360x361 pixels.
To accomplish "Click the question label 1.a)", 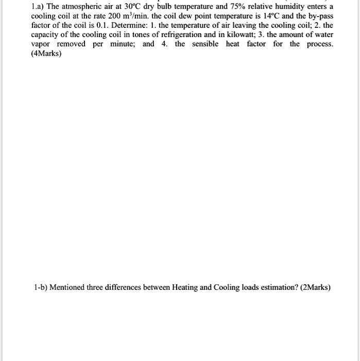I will point(37,7).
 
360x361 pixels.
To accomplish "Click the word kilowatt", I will point(247,35).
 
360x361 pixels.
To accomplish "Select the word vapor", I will point(41,44).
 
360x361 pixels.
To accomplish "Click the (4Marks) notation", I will point(46,53).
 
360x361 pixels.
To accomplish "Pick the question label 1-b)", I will point(39,287).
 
